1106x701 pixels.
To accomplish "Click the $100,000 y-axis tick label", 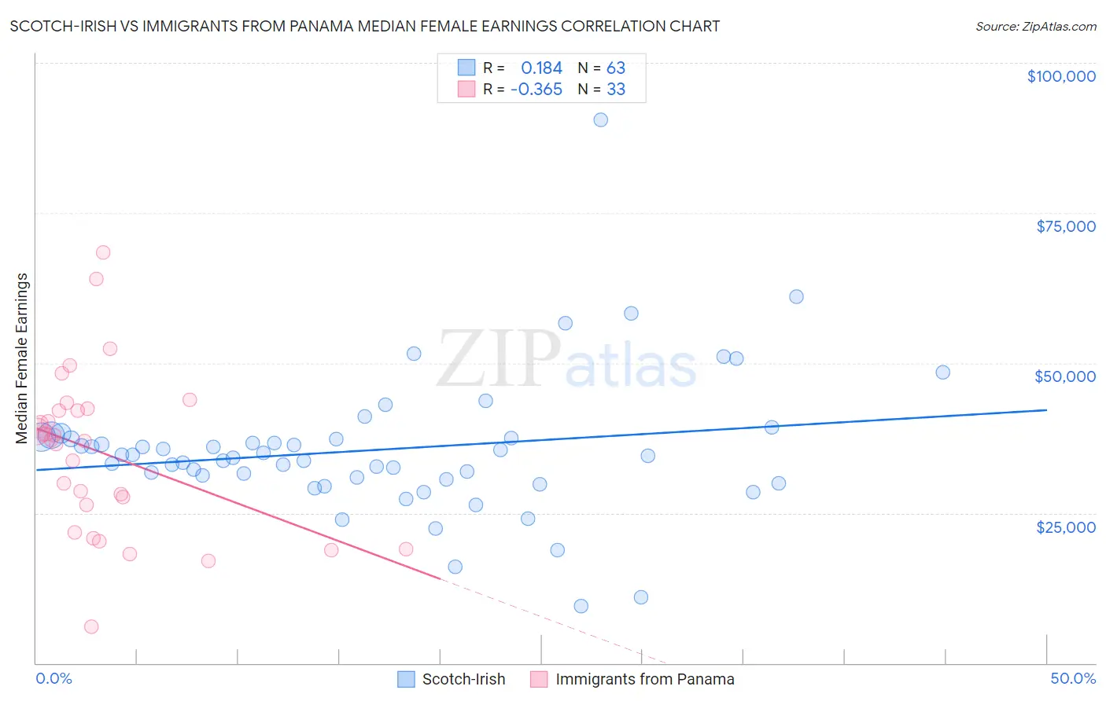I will coord(1061,76).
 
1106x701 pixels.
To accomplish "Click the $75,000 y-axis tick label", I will coord(1065,226).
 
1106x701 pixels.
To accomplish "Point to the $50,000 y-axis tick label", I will coord(1064,376).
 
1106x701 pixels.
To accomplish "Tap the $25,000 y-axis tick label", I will coord(1065,527).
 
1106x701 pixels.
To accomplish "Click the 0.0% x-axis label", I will coord(53,678).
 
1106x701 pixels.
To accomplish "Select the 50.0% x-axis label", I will coord(1072,678).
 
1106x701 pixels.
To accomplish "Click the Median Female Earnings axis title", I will coord(22,358).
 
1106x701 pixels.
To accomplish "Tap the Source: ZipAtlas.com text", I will coord(1035,26).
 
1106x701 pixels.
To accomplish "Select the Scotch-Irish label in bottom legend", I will coord(463,679).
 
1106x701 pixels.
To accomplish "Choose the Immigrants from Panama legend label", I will coord(644,679).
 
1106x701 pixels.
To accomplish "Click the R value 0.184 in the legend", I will coord(541,68).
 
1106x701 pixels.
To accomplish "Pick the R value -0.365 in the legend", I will coord(536,89).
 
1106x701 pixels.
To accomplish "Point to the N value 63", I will coord(615,68).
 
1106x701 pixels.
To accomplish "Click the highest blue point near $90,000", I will coord(600,119).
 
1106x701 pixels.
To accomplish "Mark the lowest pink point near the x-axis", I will coord(91,626).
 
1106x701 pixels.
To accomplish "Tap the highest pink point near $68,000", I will coord(103,252).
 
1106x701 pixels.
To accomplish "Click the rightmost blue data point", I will coord(942,373).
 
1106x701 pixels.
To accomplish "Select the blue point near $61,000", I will coord(796,296).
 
